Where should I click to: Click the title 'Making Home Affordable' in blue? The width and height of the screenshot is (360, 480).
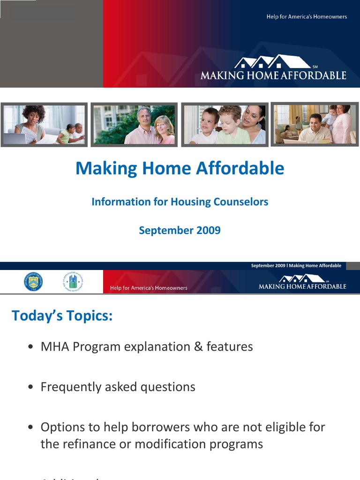click(180, 168)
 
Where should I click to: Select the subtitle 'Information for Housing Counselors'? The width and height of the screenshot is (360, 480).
click(180, 202)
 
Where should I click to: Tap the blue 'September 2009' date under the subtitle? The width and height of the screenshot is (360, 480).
click(180, 231)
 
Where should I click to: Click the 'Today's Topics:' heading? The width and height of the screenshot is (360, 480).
click(62, 315)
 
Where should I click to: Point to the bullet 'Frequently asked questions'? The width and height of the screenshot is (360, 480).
click(118, 387)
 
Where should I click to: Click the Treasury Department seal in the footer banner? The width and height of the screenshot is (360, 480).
click(33, 282)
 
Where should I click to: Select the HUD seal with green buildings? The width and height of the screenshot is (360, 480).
click(73, 282)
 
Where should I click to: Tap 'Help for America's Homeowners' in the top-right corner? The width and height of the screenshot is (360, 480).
click(307, 17)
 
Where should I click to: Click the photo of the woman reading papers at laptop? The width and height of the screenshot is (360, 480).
click(44, 125)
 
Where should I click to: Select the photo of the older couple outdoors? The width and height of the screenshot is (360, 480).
click(134, 125)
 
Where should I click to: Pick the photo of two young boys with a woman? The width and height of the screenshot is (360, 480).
click(225, 125)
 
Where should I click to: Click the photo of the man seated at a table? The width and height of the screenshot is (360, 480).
click(315, 124)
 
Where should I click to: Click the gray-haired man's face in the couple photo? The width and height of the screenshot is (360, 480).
click(144, 116)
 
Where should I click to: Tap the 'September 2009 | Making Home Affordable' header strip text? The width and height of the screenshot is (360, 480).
click(296, 266)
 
